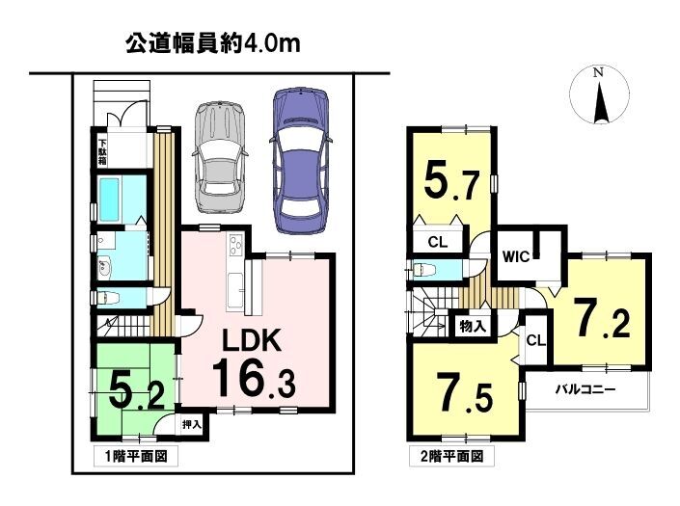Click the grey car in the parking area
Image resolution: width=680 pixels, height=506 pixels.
point(220,157)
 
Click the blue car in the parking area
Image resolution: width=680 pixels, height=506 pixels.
point(301,161)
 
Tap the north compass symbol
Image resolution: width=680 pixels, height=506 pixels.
point(599,95)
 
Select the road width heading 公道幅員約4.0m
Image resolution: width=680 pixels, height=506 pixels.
point(213,44)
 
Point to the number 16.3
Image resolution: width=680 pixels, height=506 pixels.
point(254,378)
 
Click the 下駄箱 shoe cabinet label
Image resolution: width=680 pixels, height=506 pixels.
point(102,151)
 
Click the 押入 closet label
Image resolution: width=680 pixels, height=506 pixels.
point(192,424)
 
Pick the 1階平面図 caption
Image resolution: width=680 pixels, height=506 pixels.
point(136,456)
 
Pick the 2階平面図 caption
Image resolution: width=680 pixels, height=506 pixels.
point(451,456)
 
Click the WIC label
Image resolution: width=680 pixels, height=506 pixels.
point(516,257)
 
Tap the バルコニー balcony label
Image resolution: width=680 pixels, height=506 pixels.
point(585,389)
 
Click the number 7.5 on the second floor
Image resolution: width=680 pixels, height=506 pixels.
point(466,392)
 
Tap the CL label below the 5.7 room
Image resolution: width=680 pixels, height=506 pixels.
point(437,242)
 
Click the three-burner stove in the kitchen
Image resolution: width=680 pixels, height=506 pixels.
point(236,246)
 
